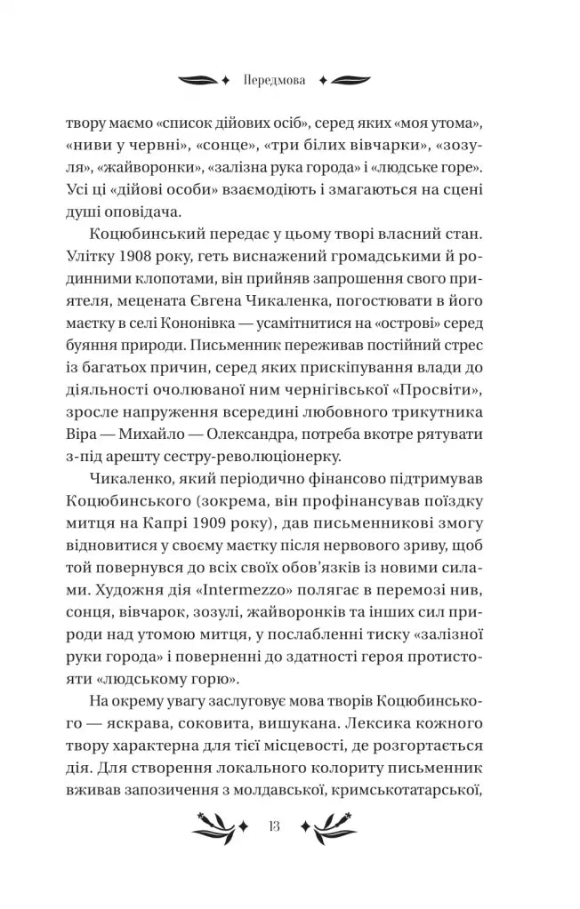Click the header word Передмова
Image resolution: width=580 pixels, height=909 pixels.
(x=273, y=79)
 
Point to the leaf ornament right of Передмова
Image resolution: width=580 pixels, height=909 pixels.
(x=343, y=79)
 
